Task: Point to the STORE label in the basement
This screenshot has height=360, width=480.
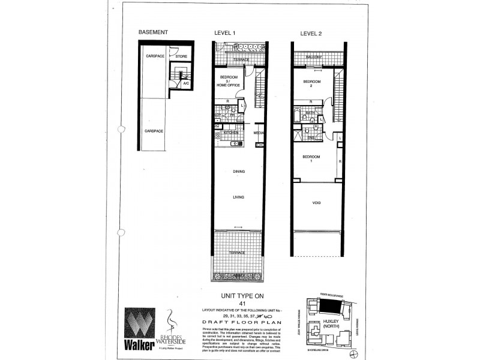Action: pos(181,56)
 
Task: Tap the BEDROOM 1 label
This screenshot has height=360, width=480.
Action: pos(311,159)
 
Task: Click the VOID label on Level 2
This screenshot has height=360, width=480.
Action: pos(316,203)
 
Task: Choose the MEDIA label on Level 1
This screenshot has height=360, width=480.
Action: pos(259,133)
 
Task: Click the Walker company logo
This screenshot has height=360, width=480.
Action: pos(139,327)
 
